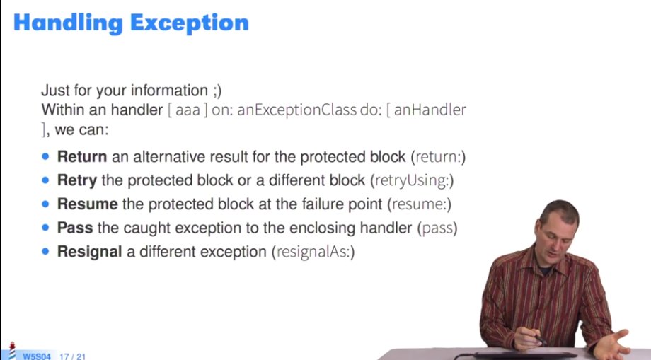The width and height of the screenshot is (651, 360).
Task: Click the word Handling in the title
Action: click(x=69, y=23)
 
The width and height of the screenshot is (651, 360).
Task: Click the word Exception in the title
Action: click(x=190, y=23)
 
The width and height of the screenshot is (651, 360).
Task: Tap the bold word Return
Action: click(x=82, y=157)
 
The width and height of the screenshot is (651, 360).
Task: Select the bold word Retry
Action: click(x=77, y=181)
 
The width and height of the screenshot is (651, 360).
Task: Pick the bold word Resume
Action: click(x=87, y=204)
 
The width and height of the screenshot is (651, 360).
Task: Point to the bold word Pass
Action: click(x=75, y=228)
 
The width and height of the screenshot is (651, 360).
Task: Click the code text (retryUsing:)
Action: click(x=412, y=181)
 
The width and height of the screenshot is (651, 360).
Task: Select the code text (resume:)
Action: click(x=420, y=204)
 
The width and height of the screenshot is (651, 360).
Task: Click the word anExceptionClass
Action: click(x=297, y=110)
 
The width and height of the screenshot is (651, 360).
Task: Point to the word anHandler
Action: click(x=430, y=110)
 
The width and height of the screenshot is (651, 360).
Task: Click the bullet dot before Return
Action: click(x=45, y=157)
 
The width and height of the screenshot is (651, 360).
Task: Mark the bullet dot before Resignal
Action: click(x=45, y=251)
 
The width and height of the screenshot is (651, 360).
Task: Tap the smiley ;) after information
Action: click(x=217, y=91)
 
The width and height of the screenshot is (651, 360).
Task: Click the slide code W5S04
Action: click(x=37, y=356)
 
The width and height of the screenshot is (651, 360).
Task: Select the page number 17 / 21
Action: click(x=73, y=356)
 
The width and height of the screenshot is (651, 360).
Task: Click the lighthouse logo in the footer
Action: click(x=12, y=351)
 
